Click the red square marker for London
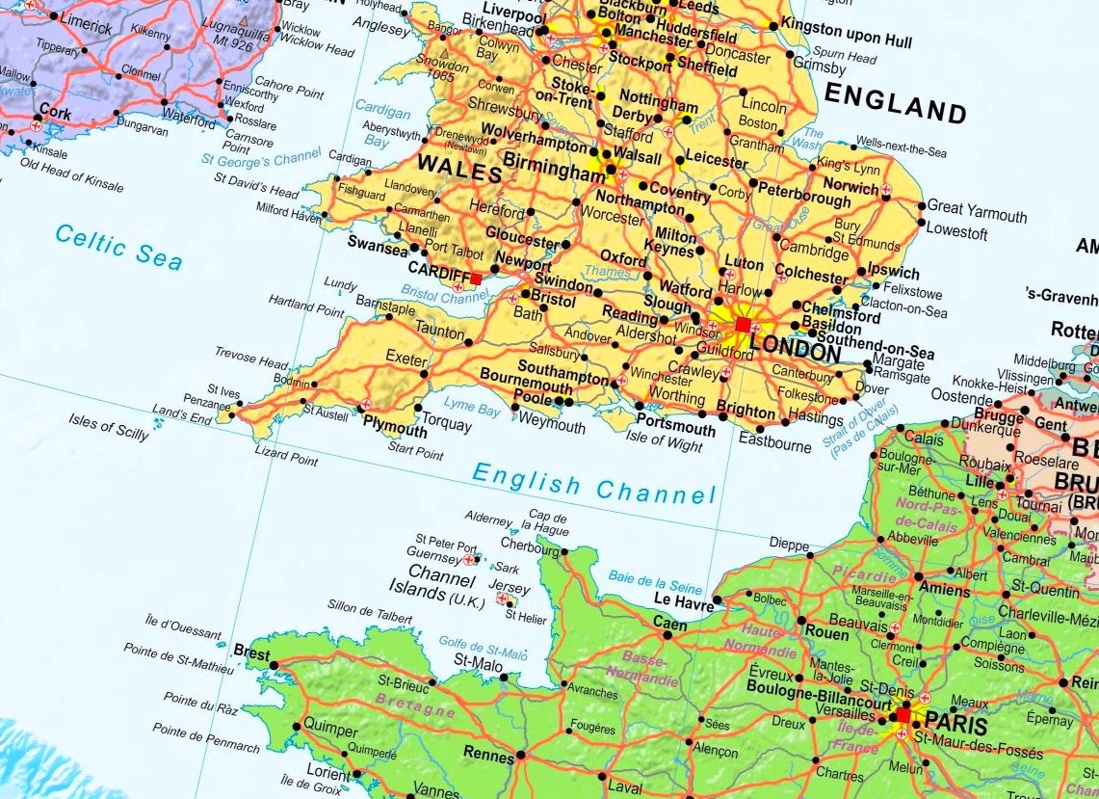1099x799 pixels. pos(742,326)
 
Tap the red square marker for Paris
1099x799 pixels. pos(903,715)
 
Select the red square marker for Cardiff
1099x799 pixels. pos(476,278)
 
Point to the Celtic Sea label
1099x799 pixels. pos(118,246)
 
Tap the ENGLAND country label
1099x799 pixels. pos(895,103)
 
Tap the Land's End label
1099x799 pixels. pos(181,415)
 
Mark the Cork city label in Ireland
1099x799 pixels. pos(57,113)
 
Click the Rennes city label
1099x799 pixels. pos(488,756)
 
